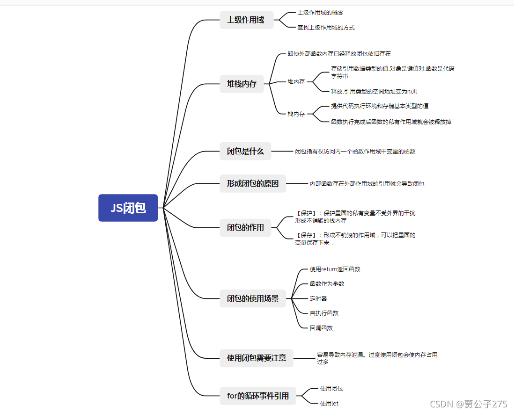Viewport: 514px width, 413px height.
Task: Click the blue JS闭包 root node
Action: tap(128, 208)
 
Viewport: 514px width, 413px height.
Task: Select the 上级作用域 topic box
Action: tap(246, 20)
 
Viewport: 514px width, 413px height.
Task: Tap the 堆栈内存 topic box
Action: tap(242, 84)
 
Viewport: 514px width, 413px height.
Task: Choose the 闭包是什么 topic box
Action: tap(245, 151)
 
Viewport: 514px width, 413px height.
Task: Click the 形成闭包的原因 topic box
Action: tap(253, 183)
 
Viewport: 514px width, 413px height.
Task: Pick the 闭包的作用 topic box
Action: tap(245, 227)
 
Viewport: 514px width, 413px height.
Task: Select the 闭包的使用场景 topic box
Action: tap(253, 298)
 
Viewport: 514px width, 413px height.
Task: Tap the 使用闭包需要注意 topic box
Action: tap(257, 358)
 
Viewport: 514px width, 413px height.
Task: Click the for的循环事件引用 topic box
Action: tap(258, 396)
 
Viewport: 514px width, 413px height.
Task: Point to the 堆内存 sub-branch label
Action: tap(296, 82)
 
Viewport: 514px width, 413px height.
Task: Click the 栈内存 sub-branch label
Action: tap(296, 114)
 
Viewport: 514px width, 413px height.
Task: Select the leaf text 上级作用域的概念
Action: tap(320, 13)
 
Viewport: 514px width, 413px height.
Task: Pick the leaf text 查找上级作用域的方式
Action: tap(326, 28)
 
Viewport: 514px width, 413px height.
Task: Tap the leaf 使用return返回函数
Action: tap(335, 269)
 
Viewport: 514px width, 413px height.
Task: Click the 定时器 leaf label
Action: tap(318, 298)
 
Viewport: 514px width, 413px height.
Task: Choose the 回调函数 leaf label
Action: tap(321, 328)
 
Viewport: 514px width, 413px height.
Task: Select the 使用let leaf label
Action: tap(329, 403)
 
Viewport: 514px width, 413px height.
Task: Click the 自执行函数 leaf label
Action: tap(324, 313)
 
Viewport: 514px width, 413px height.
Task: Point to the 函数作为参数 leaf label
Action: tap(327, 284)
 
